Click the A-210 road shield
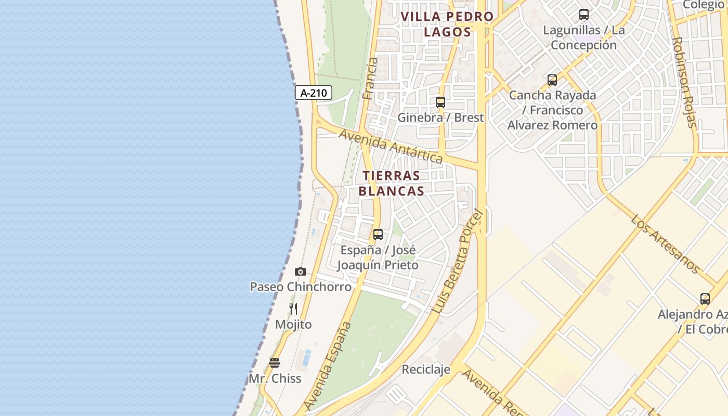(x=314, y=93)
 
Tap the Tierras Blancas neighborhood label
(x=391, y=183)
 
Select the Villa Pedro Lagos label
(x=447, y=24)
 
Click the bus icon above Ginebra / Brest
(x=440, y=102)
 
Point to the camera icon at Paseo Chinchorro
(x=300, y=271)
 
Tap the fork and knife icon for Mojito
(x=293, y=309)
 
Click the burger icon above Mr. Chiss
(x=275, y=362)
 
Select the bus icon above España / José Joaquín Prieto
(x=378, y=235)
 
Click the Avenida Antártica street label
(x=391, y=146)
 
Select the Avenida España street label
(x=328, y=366)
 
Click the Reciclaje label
(x=425, y=369)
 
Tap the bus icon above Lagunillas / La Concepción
(x=584, y=15)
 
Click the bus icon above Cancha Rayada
(x=552, y=80)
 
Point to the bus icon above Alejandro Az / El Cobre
(x=705, y=299)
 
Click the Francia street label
(x=370, y=79)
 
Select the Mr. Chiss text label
(x=275, y=379)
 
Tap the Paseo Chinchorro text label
(x=301, y=287)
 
